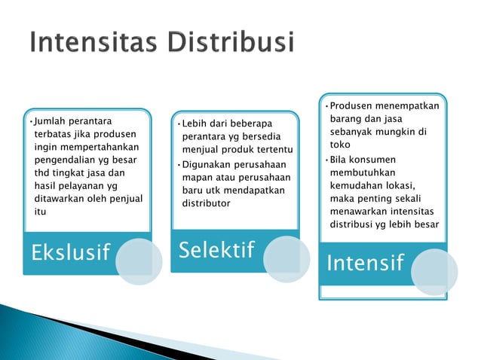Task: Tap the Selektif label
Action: [216, 249]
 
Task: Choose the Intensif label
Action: [365, 263]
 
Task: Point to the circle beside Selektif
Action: [287, 259]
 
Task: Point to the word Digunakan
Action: [210, 164]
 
